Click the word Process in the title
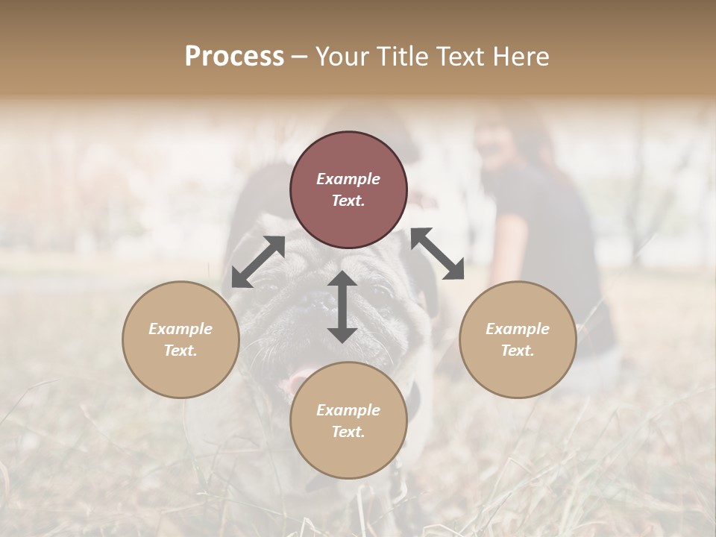click(234, 57)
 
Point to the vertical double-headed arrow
click(342, 307)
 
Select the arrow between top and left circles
click(258, 262)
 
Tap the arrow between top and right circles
click(437, 254)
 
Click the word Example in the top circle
click(348, 179)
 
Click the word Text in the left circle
click(180, 351)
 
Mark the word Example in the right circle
click(518, 329)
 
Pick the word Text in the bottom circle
click(348, 432)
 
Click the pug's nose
click(321, 300)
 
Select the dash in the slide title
click(299, 57)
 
